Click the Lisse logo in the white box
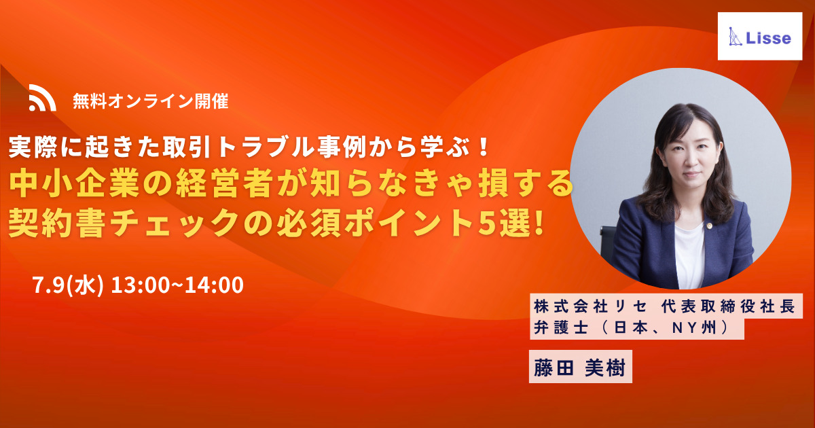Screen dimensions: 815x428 click(760, 37)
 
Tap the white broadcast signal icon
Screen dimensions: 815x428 click(42, 98)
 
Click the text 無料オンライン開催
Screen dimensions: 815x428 click(151, 101)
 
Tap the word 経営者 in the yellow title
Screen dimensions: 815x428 click(225, 184)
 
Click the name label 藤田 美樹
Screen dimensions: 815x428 click(580, 367)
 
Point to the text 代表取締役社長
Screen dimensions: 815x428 click(727, 307)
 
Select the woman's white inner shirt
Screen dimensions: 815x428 click(689, 255)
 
